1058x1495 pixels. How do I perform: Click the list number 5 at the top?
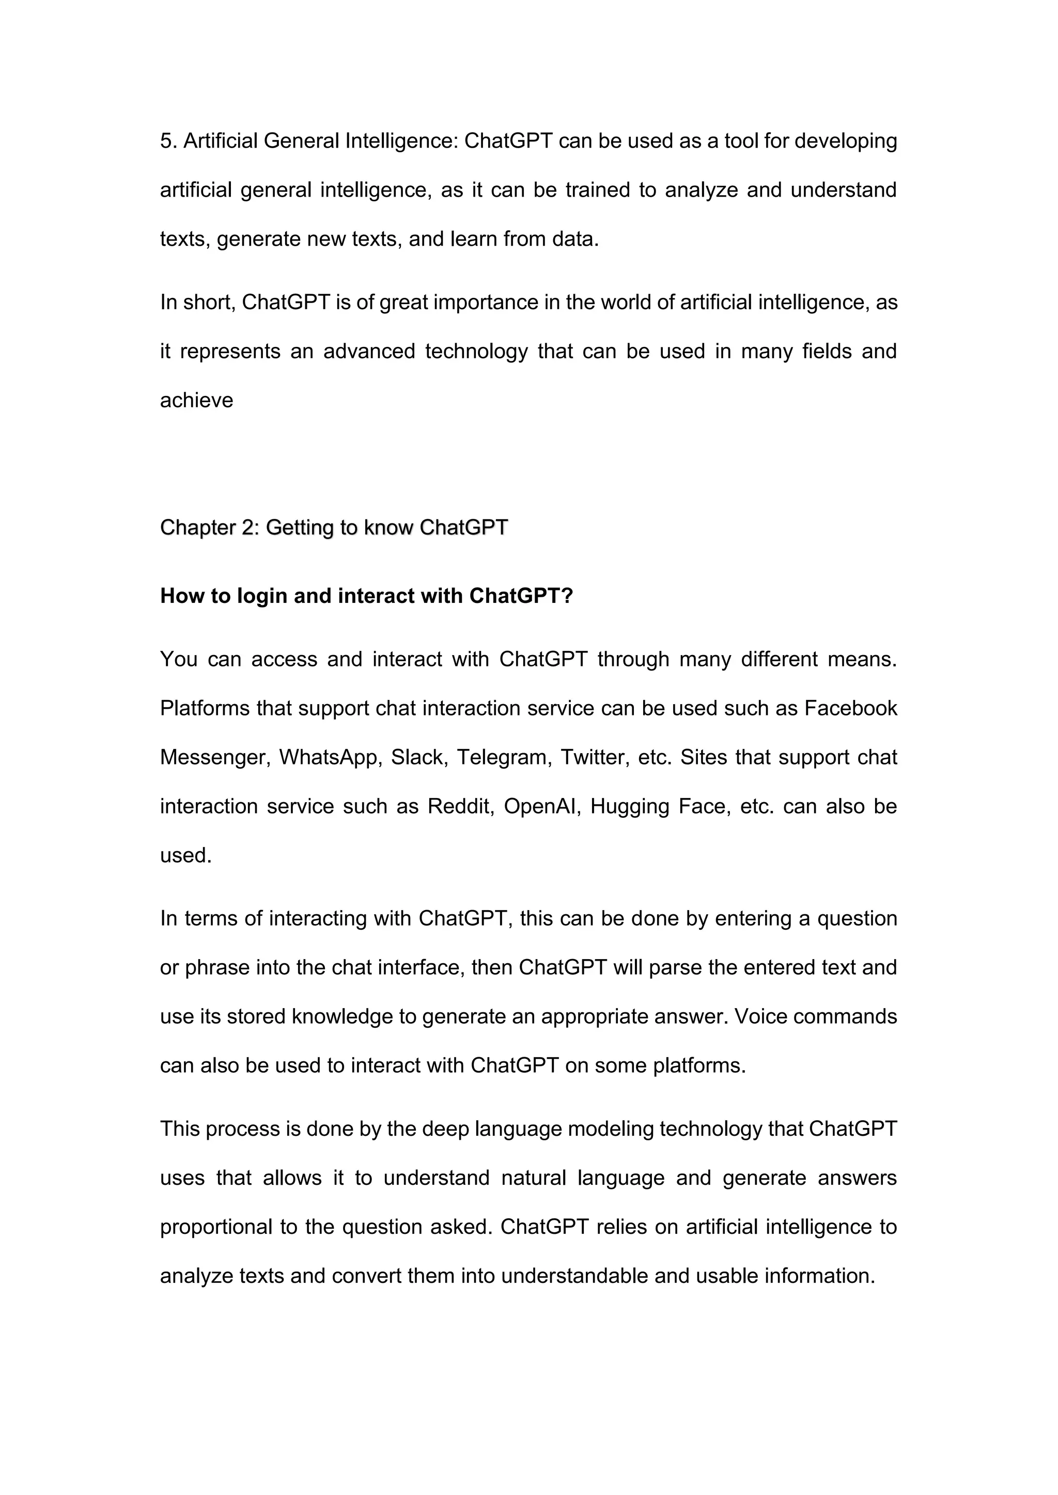tap(167, 140)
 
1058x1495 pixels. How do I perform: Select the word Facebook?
tap(851, 708)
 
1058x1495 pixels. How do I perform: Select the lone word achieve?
tap(197, 401)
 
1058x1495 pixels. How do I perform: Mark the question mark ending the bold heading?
tap(567, 596)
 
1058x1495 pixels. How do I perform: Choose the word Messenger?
tap(215, 757)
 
